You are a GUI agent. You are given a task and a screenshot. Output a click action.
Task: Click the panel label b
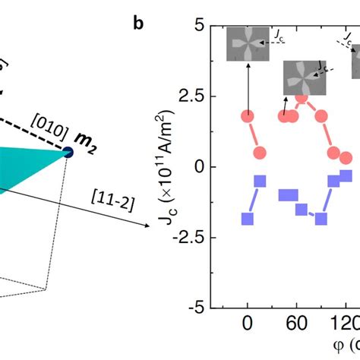(138, 24)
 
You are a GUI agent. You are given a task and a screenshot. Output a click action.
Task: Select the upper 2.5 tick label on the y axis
(194, 96)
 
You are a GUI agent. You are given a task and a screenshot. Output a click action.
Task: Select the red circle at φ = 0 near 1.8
(248, 115)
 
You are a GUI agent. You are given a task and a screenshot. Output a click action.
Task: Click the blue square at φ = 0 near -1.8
(248, 219)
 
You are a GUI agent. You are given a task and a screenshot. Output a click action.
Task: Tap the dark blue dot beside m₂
(68, 153)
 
